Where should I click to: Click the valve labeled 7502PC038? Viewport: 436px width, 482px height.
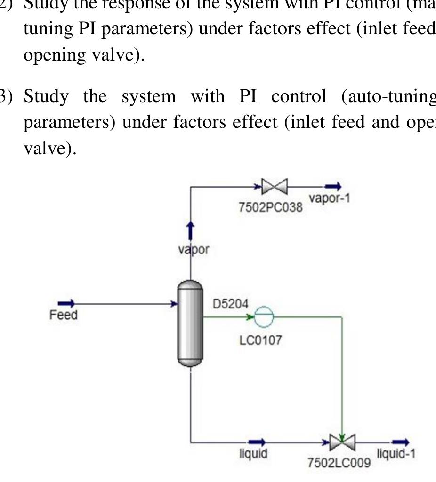[275, 187]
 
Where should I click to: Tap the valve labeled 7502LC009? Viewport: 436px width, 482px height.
[342, 442]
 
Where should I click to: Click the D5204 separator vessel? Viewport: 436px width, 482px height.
[190, 323]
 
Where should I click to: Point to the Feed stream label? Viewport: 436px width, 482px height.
[63, 315]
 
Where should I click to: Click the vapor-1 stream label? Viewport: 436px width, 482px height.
[330, 198]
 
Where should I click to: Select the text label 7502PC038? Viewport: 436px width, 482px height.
[271, 206]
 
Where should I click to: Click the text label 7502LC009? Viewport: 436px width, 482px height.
[339, 463]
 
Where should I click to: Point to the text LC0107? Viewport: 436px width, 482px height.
[261, 340]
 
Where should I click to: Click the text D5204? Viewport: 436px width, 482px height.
[230, 304]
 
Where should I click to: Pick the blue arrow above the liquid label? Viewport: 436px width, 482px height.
[257, 442]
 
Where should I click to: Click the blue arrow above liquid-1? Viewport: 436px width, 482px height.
[401, 442]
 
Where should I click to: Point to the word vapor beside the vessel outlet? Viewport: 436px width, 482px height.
[193, 250]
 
